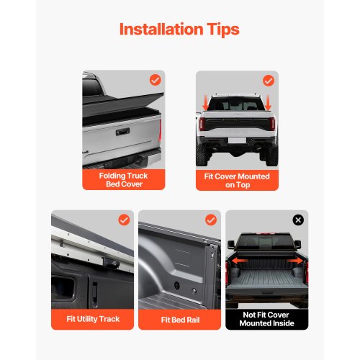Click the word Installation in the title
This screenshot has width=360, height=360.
(x=161, y=30)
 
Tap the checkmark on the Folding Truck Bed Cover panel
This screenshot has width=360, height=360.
(x=156, y=80)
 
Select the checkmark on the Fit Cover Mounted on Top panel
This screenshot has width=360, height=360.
(x=269, y=81)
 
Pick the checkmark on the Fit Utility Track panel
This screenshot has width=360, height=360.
(x=124, y=220)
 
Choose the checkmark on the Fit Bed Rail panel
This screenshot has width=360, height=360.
(x=211, y=220)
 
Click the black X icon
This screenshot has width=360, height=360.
(x=298, y=220)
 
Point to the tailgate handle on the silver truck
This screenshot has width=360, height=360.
(x=122, y=132)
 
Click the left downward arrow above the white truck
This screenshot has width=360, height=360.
(x=206, y=103)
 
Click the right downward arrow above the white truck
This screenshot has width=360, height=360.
(x=268, y=103)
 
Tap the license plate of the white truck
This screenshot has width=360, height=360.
(x=237, y=140)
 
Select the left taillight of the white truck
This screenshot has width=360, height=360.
(x=202, y=124)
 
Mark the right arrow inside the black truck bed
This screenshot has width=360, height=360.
(x=295, y=261)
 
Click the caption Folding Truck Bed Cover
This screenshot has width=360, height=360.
(x=124, y=180)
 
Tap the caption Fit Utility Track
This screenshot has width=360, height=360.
(x=93, y=319)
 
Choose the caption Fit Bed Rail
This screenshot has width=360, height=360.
(x=180, y=320)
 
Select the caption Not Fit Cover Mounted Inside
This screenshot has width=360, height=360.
(x=266, y=319)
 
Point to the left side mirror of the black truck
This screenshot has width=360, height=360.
(x=231, y=245)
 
